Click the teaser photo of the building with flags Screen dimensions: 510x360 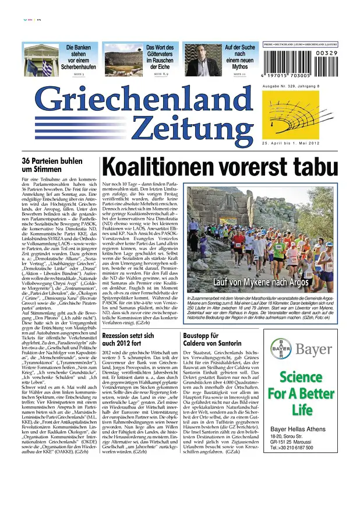click(x=41, y=59)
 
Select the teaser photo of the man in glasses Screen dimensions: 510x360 click(x=201, y=60)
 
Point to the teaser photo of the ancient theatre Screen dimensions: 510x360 click(x=121, y=59)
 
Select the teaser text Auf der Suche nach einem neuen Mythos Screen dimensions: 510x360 click(x=239, y=55)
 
